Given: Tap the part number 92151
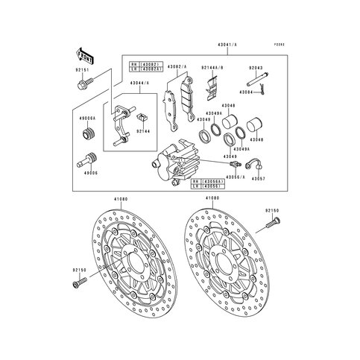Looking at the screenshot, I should [x=83, y=71].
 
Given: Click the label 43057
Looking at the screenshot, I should [x=257, y=178].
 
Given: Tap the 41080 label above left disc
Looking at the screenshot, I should [x=120, y=199].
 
